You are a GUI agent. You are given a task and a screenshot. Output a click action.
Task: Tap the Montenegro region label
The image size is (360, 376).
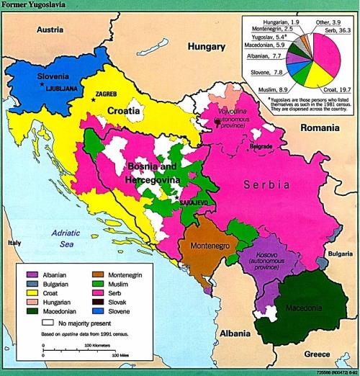pyautogui.click(x=209, y=245)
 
